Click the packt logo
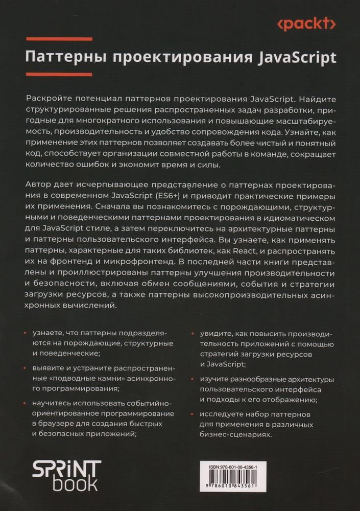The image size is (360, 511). click(306, 24)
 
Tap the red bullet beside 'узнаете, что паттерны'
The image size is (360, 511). click(26, 333)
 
